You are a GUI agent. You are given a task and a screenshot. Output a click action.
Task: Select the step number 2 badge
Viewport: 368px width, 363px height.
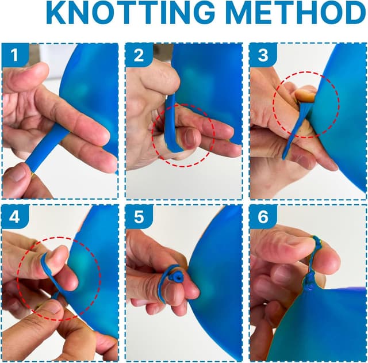[139, 55]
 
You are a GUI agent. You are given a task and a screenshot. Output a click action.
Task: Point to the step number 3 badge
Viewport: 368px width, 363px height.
[263, 55]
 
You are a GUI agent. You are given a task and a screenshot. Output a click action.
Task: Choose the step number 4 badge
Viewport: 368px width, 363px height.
[14, 217]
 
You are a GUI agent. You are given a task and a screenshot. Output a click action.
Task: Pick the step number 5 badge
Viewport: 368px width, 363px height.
[139, 217]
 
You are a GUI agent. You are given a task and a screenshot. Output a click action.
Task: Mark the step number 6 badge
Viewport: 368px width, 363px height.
[263, 217]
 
